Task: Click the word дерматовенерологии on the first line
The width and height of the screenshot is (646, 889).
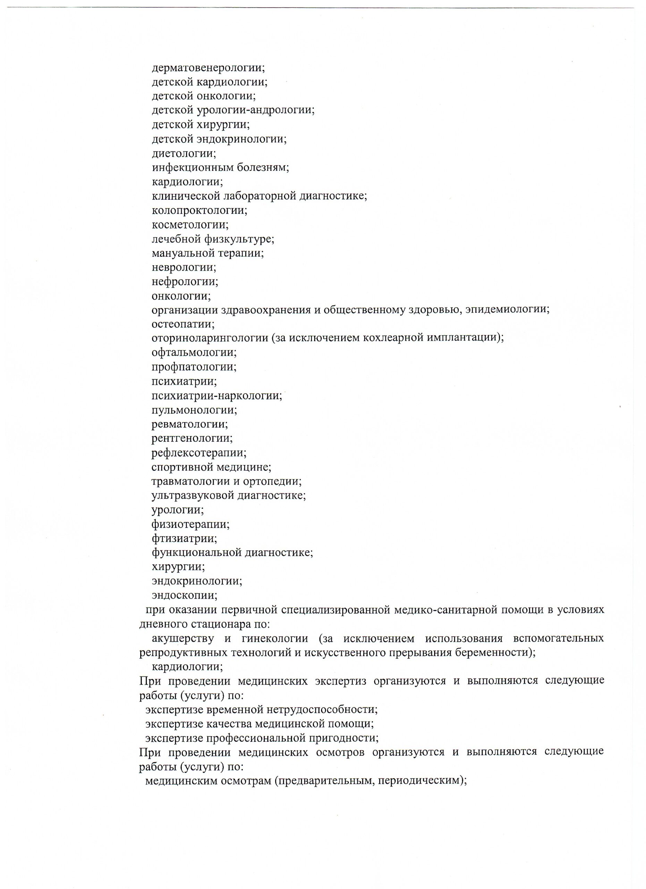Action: coord(208,68)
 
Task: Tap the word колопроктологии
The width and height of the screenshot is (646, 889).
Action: coord(199,210)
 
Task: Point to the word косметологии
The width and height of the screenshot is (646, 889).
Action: coord(190,225)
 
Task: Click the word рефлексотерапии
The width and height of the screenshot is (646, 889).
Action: coord(198,453)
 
